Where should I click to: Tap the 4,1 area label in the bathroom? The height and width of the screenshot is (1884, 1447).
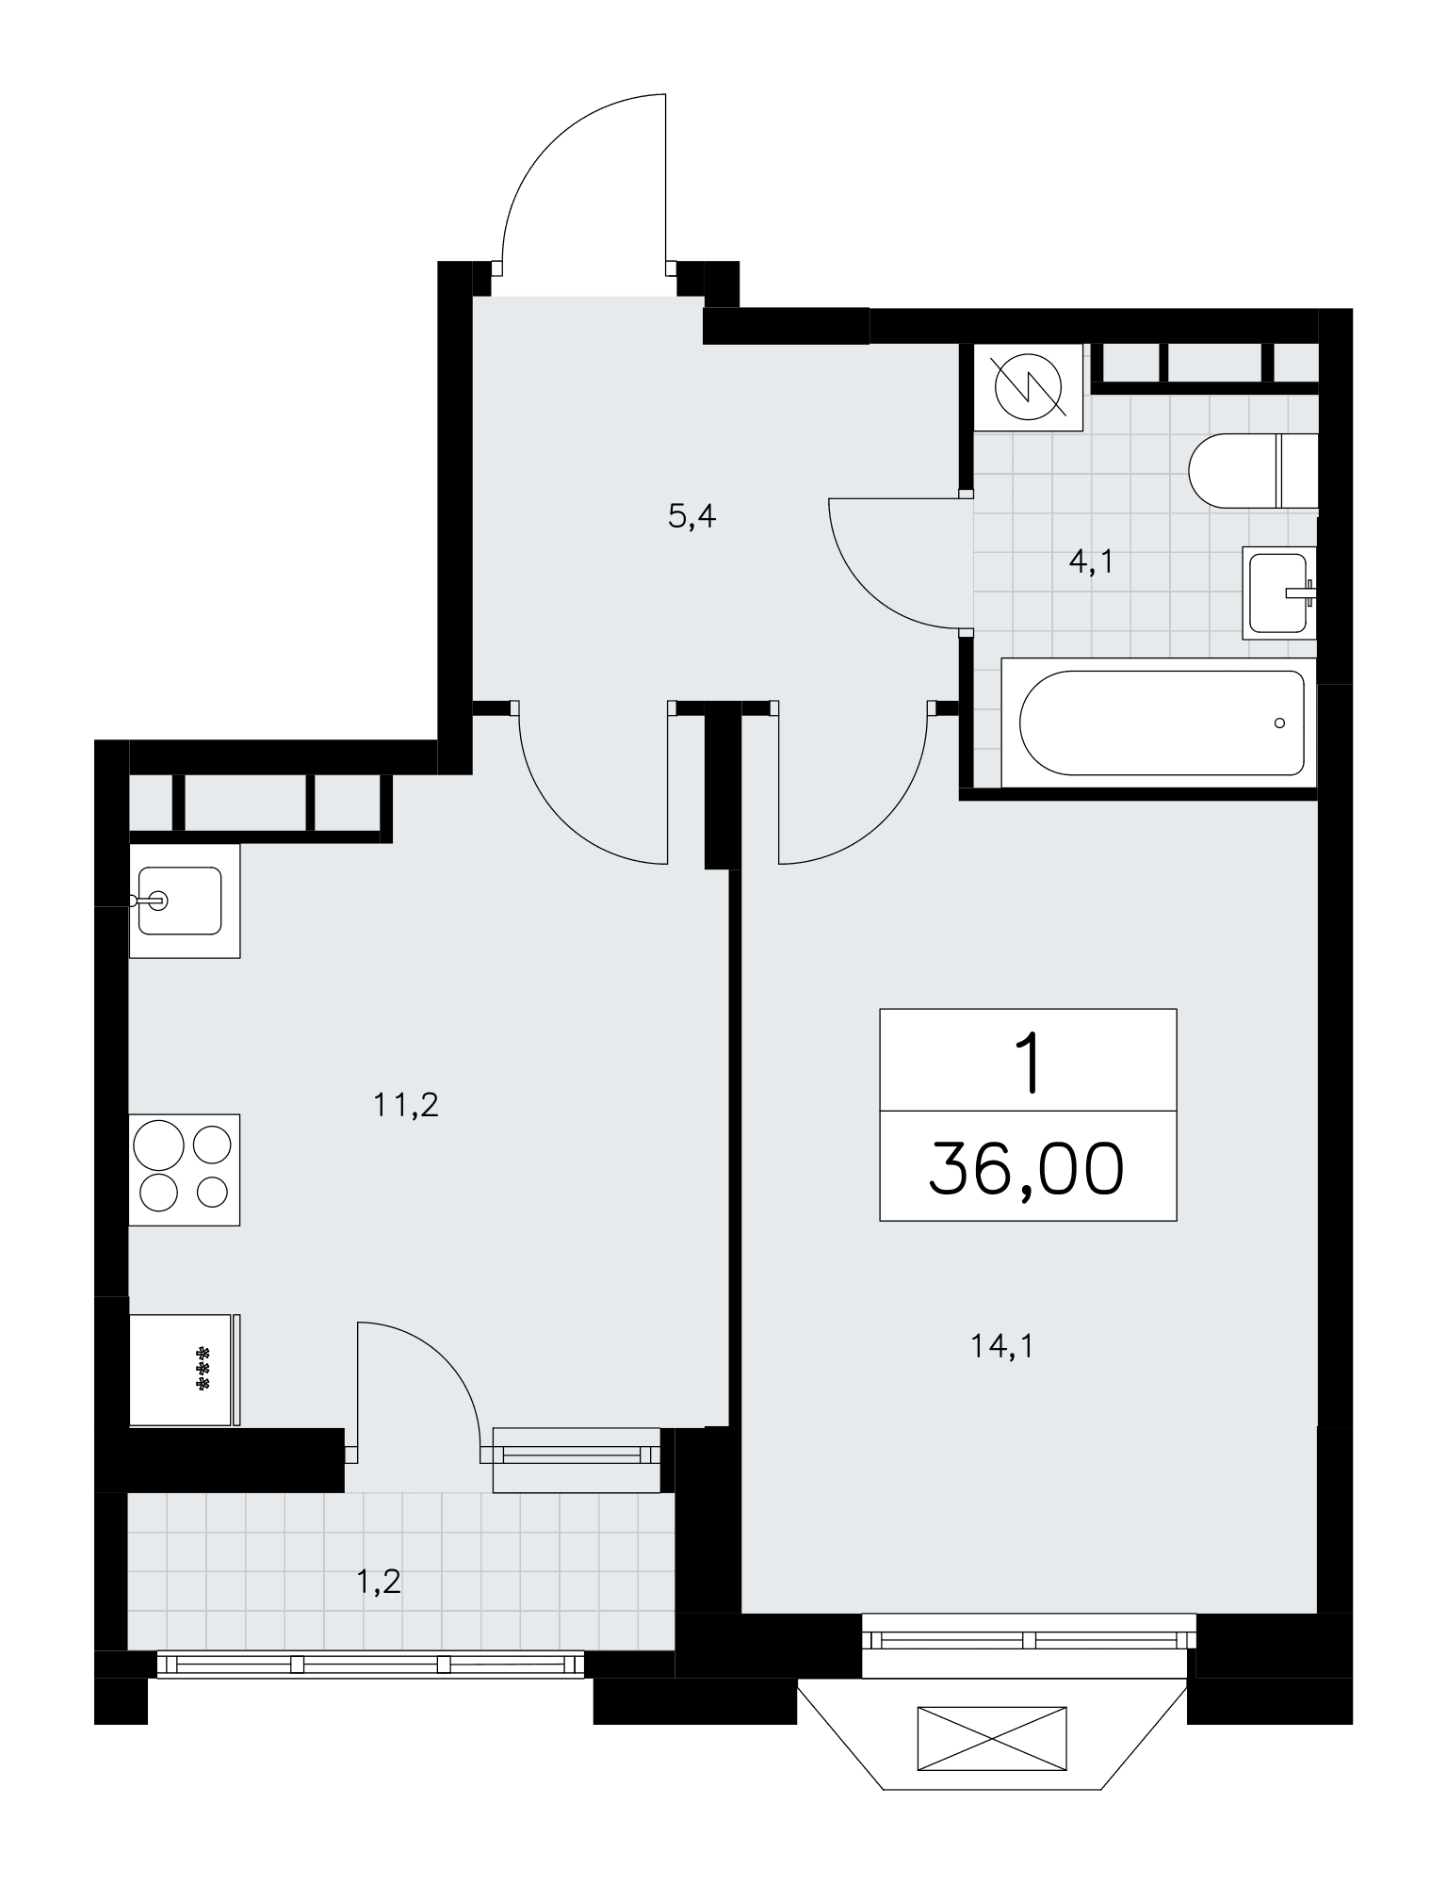pyautogui.click(x=1092, y=561)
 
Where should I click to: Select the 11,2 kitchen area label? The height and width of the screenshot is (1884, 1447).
pyautogui.click(x=407, y=1104)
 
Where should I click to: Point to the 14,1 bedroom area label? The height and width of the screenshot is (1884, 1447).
pyautogui.click(x=1002, y=1347)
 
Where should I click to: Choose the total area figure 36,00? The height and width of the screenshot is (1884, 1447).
pyautogui.click(x=1027, y=1169)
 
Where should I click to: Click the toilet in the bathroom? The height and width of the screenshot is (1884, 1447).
pyautogui.click(x=1253, y=471)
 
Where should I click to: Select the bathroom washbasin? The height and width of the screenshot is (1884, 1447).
pyautogui.click(x=1279, y=593)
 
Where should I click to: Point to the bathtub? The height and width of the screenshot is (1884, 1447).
pyautogui.click(x=1158, y=723)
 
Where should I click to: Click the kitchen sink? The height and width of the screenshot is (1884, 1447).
pyautogui.click(x=185, y=901)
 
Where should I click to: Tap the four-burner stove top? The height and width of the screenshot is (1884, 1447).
pyautogui.click(x=185, y=1169)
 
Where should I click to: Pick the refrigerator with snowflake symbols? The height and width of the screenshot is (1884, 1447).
pyautogui.click(x=185, y=1370)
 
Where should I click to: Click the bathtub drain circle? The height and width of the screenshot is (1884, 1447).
pyautogui.click(x=1278, y=723)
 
